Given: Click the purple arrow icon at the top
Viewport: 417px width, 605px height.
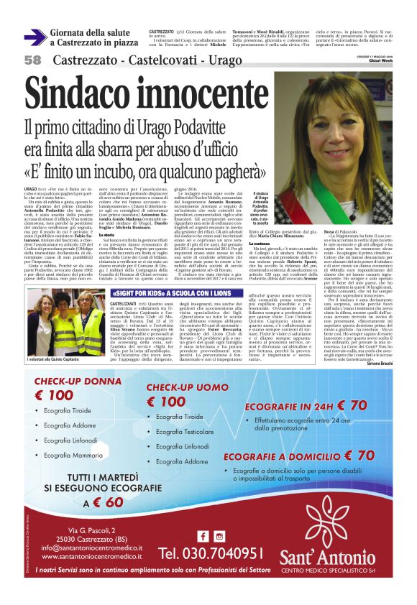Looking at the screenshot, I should tap(35, 37).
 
